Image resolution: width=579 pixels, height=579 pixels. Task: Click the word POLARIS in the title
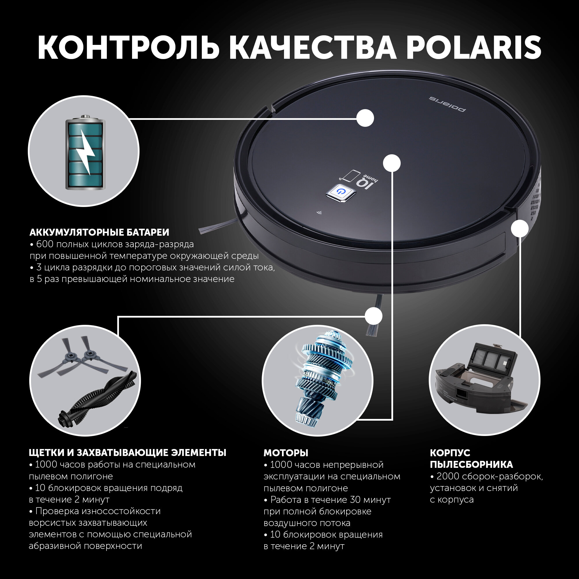click(474, 48)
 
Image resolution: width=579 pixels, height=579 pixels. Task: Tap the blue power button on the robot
click(341, 191)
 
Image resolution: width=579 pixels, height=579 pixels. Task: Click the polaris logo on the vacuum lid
click(448, 103)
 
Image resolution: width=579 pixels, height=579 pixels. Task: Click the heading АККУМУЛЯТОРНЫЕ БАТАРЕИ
click(99, 232)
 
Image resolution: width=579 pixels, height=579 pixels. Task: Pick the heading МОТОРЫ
click(286, 453)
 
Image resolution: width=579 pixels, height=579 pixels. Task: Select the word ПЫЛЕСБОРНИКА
click(471, 465)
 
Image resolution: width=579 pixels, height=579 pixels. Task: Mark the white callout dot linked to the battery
click(365, 118)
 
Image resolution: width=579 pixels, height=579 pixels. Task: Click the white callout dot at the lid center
click(392, 163)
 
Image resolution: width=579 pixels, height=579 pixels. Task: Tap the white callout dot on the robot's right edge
click(520, 229)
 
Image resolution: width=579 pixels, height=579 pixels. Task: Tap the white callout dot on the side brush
click(373, 316)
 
